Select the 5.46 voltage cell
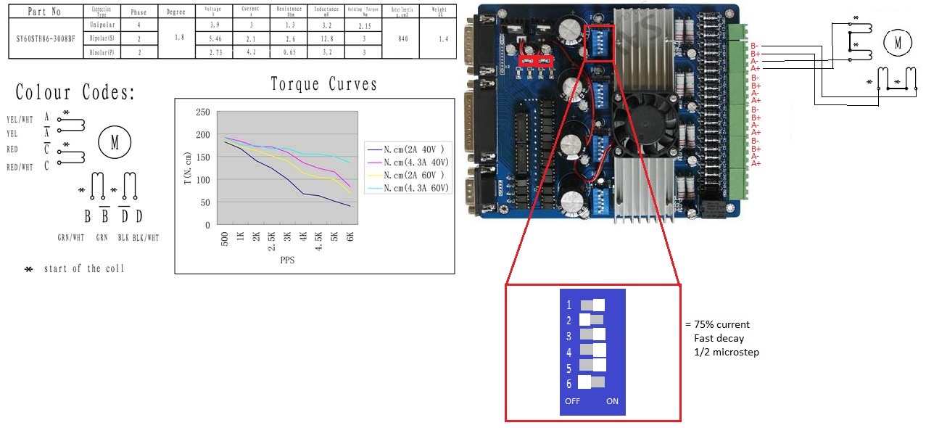click(213, 38)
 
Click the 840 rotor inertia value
click(403, 38)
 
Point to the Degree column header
click(175, 12)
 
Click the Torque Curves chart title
click(323, 84)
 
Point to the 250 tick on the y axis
click(203, 112)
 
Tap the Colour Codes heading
click(75, 93)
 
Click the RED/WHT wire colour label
click(20, 167)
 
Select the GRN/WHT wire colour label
click(71, 237)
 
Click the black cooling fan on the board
click(634, 122)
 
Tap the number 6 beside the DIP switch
click(569, 384)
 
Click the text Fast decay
click(719, 338)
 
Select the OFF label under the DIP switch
click(572, 401)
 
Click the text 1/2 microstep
click(726, 353)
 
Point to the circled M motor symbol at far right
click(897, 43)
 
